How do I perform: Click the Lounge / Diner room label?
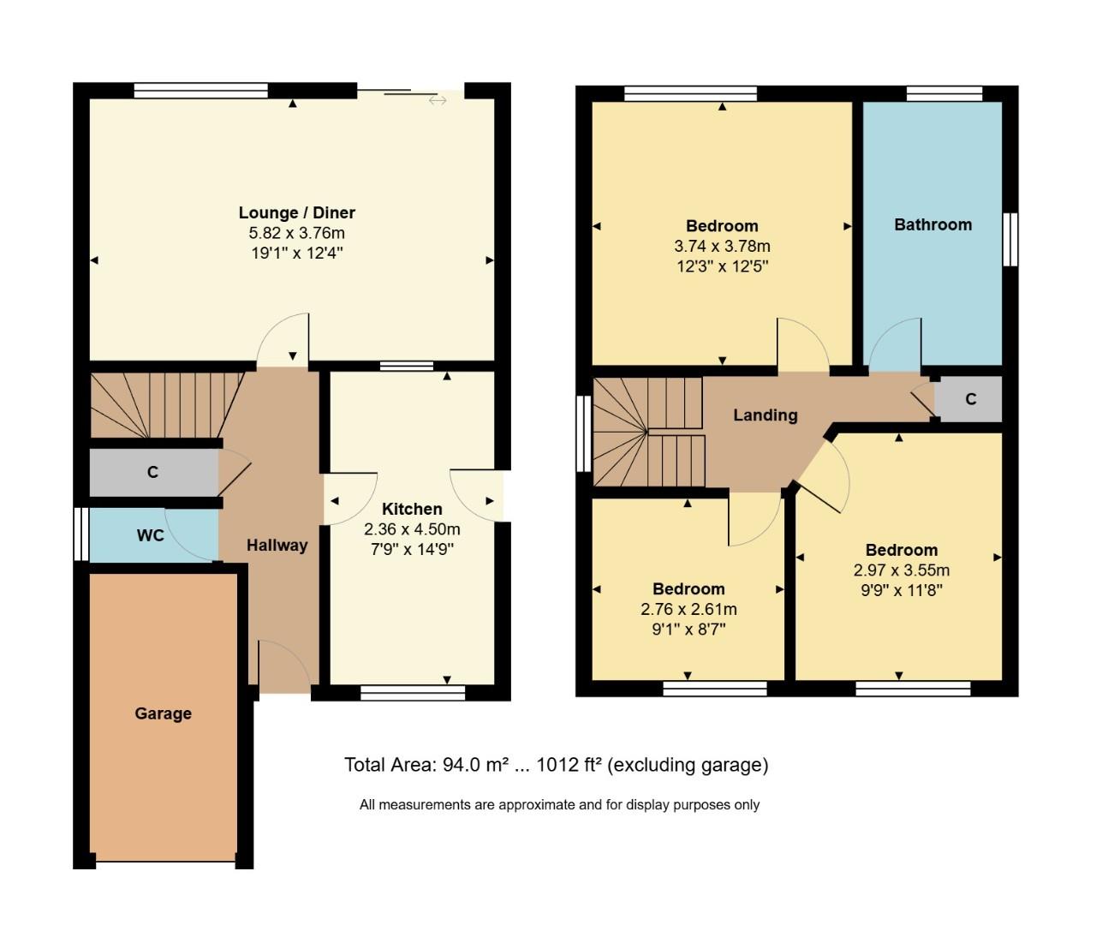pyautogui.click(x=296, y=212)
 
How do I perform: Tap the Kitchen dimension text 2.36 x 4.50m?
pyautogui.click(x=412, y=529)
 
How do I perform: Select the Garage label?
pyautogui.click(x=163, y=713)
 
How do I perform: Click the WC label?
pyautogui.click(x=151, y=535)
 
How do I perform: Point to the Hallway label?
pyautogui.click(x=277, y=545)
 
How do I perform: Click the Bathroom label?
pyautogui.click(x=932, y=224)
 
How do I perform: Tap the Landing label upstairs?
pyautogui.click(x=765, y=415)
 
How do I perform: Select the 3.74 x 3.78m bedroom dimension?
pyautogui.click(x=722, y=246)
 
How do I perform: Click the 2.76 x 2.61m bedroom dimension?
pyautogui.click(x=688, y=610)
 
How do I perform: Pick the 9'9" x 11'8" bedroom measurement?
pyautogui.click(x=901, y=590)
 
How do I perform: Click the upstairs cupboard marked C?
pyautogui.click(x=970, y=399)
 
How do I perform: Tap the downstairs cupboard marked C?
pyautogui.click(x=152, y=472)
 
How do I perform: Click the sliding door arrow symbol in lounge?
pyautogui.click(x=438, y=100)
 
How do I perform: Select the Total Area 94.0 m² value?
pyautogui.click(x=476, y=765)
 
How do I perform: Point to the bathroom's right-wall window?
pyautogui.click(x=1010, y=239)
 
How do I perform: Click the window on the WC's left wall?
pyautogui.click(x=81, y=535)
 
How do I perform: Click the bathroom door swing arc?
pyautogui.click(x=895, y=343)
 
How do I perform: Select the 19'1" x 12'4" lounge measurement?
pyautogui.click(x=296, y=253)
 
